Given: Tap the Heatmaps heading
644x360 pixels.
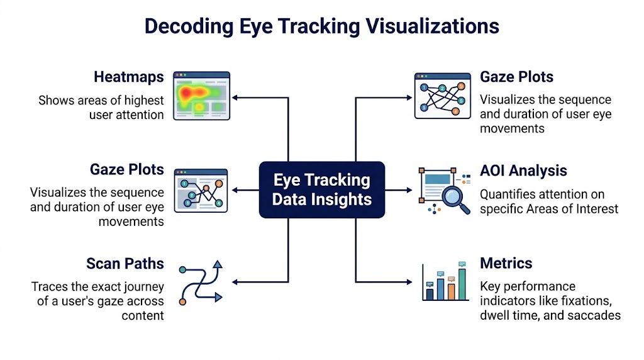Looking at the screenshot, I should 129,77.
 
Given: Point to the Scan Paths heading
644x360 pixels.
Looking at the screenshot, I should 125,263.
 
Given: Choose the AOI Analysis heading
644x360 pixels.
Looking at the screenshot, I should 523,171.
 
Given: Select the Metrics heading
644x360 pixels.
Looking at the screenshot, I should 506,263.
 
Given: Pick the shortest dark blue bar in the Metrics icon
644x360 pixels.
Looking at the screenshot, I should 430,293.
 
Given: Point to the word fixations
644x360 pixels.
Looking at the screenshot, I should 596,300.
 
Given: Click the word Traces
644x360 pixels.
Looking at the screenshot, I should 50,287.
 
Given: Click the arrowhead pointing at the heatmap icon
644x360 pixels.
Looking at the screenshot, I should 235,98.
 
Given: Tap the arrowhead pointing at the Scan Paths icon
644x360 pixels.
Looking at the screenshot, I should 235,281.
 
